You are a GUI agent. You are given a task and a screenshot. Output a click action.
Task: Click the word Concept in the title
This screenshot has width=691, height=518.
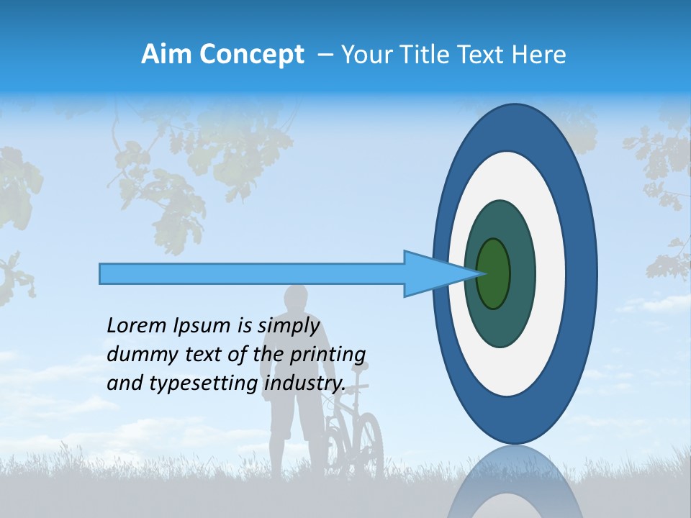(251, 55)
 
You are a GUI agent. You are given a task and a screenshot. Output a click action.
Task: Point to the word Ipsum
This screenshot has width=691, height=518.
(202, 326)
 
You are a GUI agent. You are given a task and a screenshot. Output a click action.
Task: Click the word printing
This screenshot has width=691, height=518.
(328, 355)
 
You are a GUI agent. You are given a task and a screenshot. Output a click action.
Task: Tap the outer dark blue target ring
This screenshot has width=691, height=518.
(583, 273)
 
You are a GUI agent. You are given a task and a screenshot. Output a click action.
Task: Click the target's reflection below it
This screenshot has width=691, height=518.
(515, 486)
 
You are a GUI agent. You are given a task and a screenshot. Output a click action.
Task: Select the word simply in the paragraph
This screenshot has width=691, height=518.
(288, 326)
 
